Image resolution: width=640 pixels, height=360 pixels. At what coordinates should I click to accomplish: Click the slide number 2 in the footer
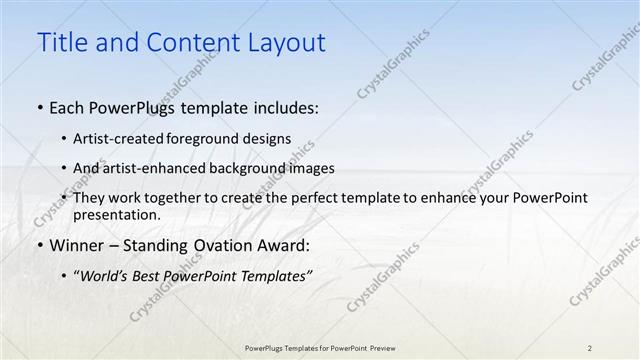click(590, 348)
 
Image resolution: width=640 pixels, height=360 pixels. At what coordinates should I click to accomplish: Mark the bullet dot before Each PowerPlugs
click(39, 107)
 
